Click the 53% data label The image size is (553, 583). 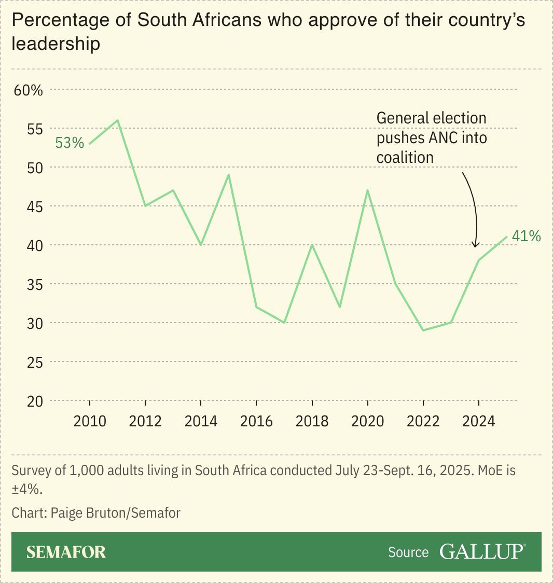pos(70,143)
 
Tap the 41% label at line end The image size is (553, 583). pos(526,237)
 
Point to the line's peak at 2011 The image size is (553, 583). pos(118,120)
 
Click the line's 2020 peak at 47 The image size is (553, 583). pos(367,190)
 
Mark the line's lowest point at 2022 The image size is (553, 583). pos(423,330)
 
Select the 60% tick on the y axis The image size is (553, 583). pos(28,90)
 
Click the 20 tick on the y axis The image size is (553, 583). pos(35,401)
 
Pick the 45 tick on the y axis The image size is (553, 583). pos(35,206)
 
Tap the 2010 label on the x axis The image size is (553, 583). pos(90,421)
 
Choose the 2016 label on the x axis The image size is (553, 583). pos(256,421)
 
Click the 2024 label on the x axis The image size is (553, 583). pos(478,421)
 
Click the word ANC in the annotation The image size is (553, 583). pos(445,138)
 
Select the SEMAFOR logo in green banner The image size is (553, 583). pos(66,552)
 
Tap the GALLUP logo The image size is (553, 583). pos(482,552)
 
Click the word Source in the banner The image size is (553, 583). pos(408,552)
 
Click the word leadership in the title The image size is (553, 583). pos(56,44)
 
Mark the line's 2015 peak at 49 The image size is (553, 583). pos(229,175)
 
